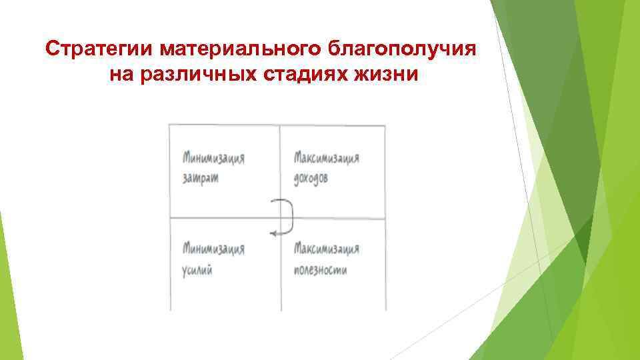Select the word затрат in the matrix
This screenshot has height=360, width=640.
click(x=199, y=179)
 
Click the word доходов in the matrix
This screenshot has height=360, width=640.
click(x=311, y=179)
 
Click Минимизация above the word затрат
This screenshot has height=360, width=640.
click(x=213, y=159)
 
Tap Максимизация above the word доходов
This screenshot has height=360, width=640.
click(x=327, y=159)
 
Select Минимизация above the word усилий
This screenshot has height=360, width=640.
click(x=213, y=249)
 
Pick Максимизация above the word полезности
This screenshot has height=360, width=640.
click(x=327, y=249)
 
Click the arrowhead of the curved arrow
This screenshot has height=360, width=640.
click(x=273, y=233)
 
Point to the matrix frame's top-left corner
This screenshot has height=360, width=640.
click(x=169, y=125)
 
